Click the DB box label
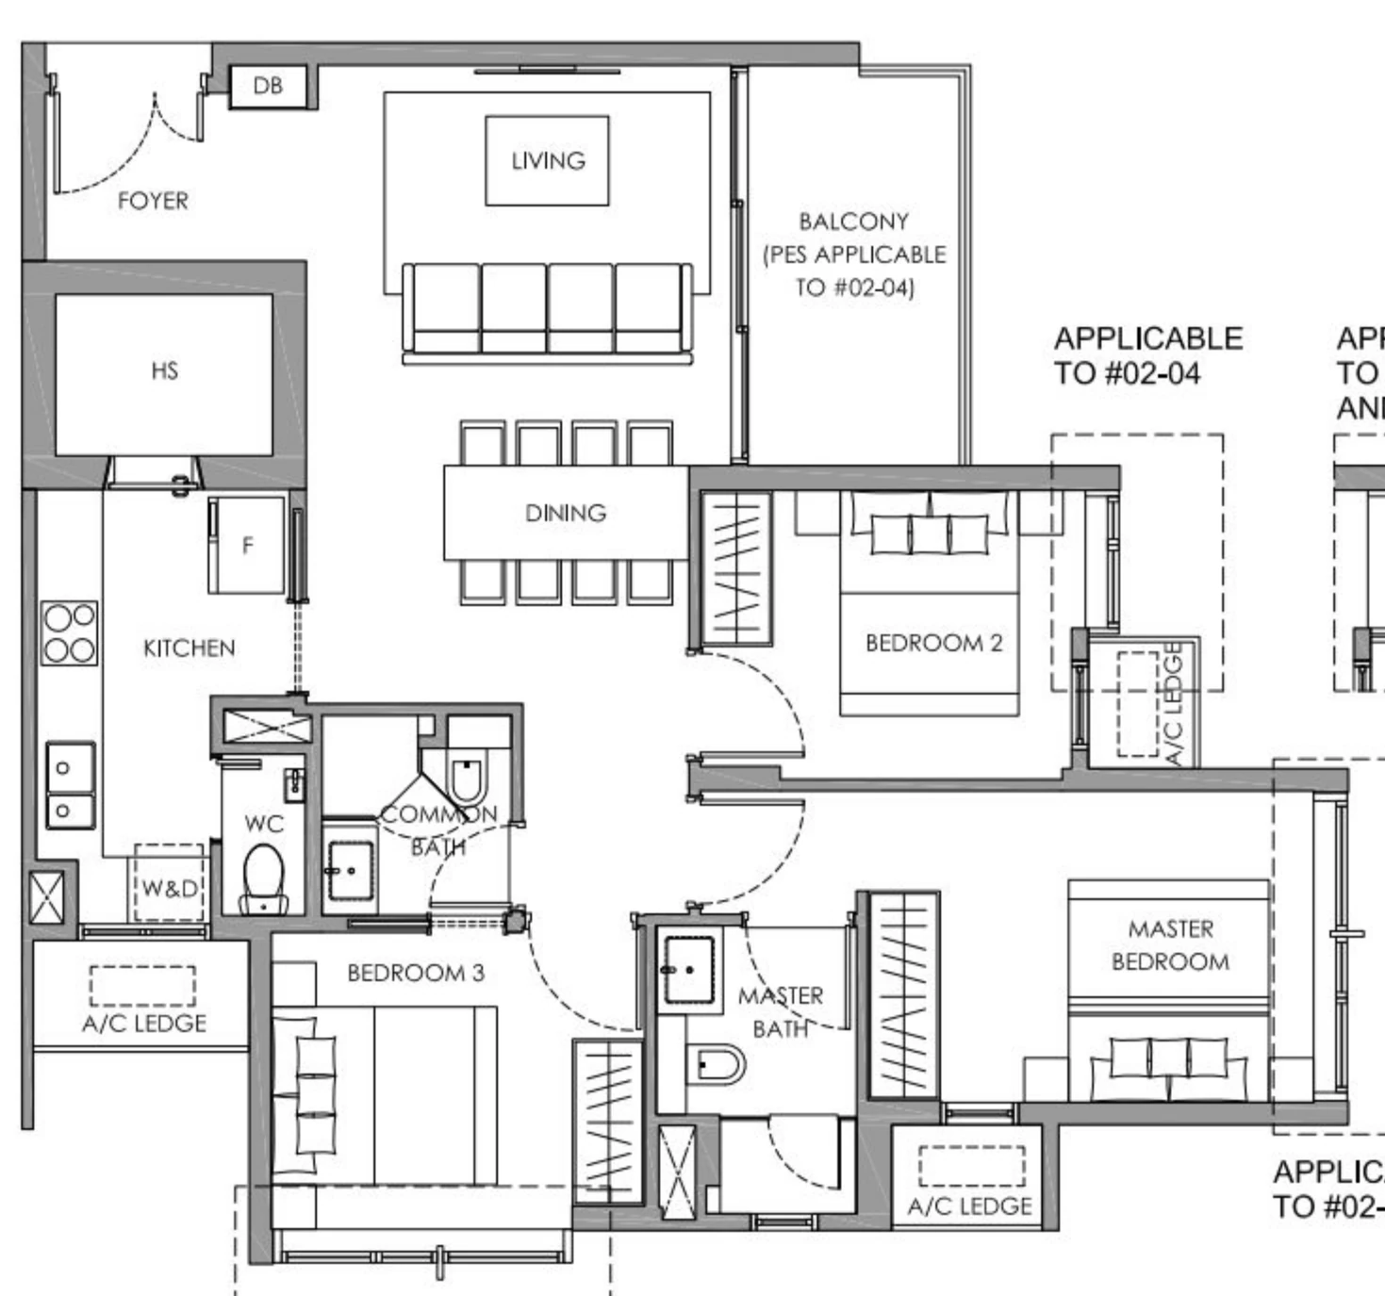pyautogui.click(x=268, y=86)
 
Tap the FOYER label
pyautogui.click(x=153, y=201)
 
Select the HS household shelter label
pyautogui.click(x=164, y=371)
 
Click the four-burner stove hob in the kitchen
pyautogui.click(x=69, y=633)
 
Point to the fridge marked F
pyautogui.click(x=247, y=545)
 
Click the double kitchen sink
pyautogui.click(x=71, y=785)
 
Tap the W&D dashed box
pyautogui.click(x=169, y=885)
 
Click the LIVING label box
pyautogui.click(x=547, y=160)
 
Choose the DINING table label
pyautogui.click(x=565, y=513)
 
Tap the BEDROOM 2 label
pyautogui.click(x=933, y=643)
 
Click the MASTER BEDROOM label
pyautogui.click(x=1170, y=945)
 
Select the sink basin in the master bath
pyautogui.click(x=689, y=969)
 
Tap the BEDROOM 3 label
pyautogui.click(x=416, y=973)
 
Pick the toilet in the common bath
pyautogui.click(x=468, y=778)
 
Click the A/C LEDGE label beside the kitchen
pyautogui.click(x=143, y=1023)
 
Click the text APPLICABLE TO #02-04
pyautogui.click(x=1147, y=355)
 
